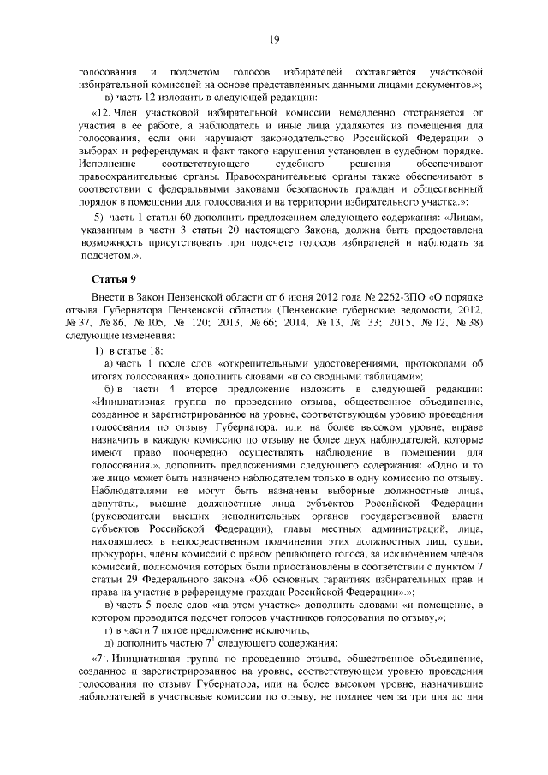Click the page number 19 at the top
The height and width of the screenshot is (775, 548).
[x=274, y=39]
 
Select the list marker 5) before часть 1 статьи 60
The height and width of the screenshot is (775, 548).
[x=98, y=218]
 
